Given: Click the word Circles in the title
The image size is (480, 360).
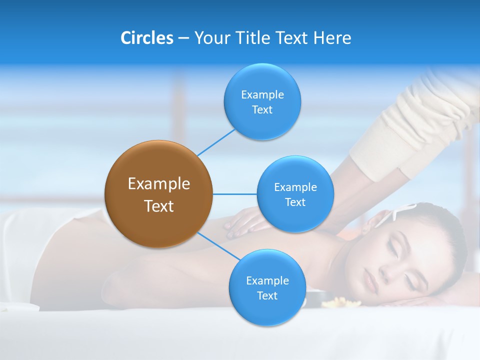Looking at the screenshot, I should click(x=146, y=38).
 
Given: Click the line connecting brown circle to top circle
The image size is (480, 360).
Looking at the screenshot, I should click(x=216, y=142).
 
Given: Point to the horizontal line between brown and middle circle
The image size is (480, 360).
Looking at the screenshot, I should click(x=234, y=194).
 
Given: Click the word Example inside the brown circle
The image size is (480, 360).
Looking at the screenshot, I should click(x=158, y=184).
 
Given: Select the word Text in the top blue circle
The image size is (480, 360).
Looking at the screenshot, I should click(x=262, y=110).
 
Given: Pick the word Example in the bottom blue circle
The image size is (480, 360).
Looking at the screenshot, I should click(x=267, y=280).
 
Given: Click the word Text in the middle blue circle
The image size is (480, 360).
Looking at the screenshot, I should click(x=295, y=202).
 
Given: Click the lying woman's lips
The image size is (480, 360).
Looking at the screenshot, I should click(x=370, y=277).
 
